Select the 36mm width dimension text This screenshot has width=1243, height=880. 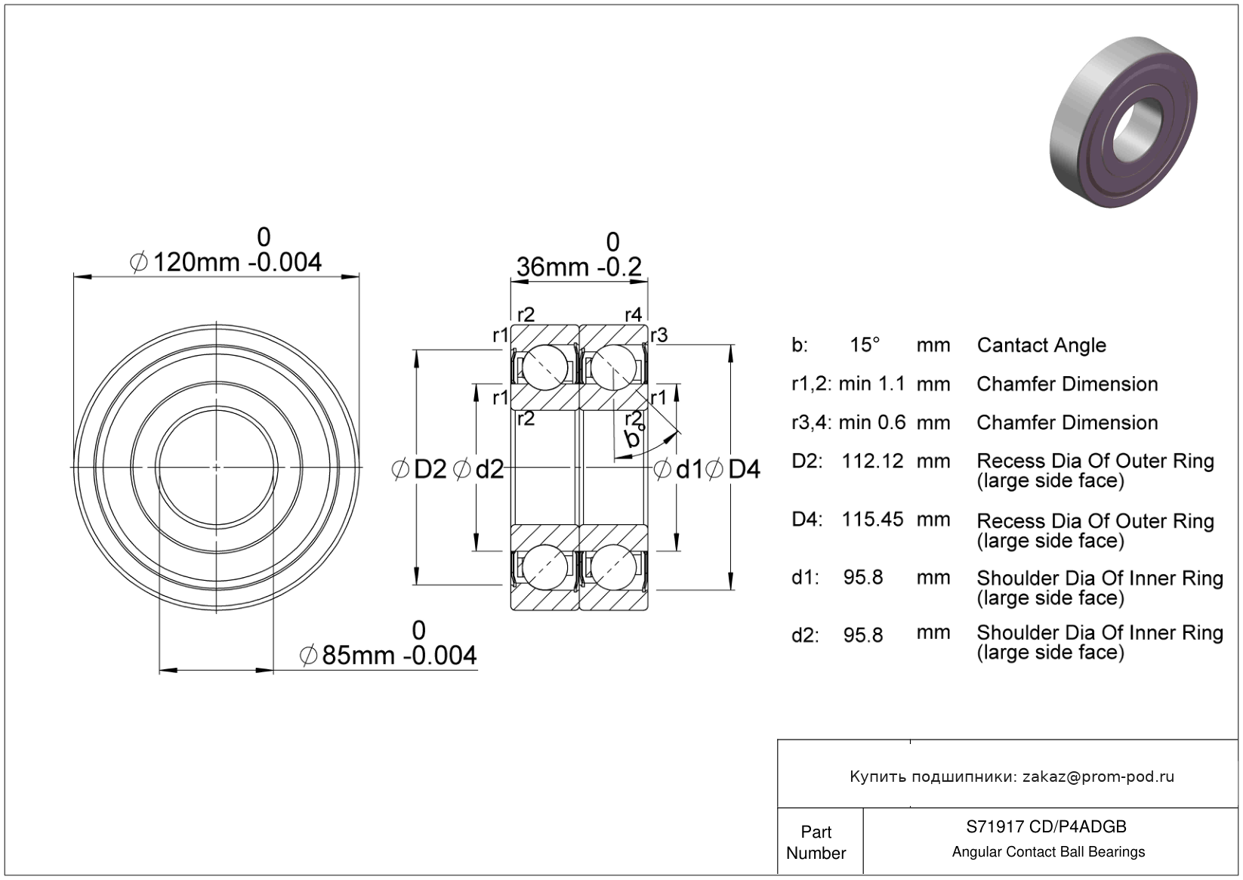(x=578, y=267)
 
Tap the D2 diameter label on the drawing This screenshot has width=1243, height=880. (x=430, y=470)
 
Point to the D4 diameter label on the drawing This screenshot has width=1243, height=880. (x=744, y=470)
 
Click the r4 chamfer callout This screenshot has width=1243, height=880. (x=633, y=314)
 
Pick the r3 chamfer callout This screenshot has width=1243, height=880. (x=659, y=335)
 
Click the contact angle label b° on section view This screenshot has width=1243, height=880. (x=634, y=437)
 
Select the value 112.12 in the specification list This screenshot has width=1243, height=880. (x=872, y=461)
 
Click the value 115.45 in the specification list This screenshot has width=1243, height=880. (x=872, y=519)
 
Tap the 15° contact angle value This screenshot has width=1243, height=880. (x=865, y=345)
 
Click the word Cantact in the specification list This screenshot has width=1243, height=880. (x=1010, y=345)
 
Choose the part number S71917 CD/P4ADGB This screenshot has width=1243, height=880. (x=1047, y=827)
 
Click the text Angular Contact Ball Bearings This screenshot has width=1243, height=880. (x=1048, y=852)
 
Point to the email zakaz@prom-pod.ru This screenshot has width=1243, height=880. (x=1098, y=777)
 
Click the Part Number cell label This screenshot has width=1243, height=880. (x=816, y=842)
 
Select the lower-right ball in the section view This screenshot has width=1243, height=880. (x=612, y=567)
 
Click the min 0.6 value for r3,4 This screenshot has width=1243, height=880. (x=871, y=422)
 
